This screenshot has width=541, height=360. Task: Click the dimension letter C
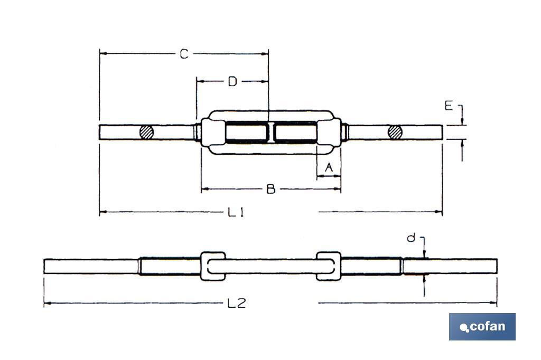184,54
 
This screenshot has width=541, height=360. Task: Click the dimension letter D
232,82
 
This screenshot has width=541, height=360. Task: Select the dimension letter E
448,106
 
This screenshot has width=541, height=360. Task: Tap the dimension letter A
329,167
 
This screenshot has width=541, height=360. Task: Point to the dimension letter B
271,189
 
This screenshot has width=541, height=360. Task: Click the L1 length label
236,212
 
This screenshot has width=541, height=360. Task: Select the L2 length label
237,303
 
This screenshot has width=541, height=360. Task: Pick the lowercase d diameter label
411,238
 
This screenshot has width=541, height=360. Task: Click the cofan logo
482,327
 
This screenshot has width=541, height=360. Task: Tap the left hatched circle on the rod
147,132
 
